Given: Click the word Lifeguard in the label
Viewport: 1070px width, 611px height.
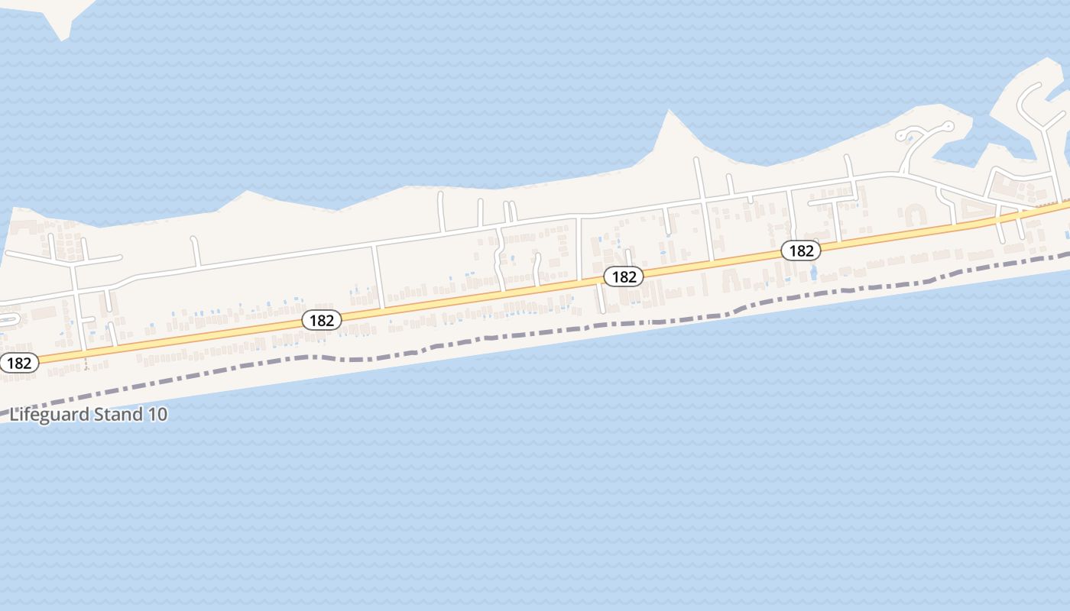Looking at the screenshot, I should pyautogui.click(x=48, y=415).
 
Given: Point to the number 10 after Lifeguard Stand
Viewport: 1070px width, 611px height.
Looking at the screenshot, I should pyautogui.click(x=158, y=415).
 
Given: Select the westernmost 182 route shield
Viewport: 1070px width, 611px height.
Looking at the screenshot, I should pyautogui.click(x=18, y=363).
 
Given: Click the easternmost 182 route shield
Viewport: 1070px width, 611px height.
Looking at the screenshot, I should pyautogui.click(x=801, y=251).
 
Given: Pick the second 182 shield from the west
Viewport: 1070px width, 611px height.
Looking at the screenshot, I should pyautogui.click(x=322, y=320).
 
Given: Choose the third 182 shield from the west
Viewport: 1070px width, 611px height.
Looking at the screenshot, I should pyautogui.click(x=624, y=276).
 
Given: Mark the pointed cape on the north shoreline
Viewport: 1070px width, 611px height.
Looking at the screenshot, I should pyautogui.click(x=670, y=115).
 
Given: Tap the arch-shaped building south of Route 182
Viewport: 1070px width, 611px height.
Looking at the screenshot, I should pyautogui.click(x=728, y=283).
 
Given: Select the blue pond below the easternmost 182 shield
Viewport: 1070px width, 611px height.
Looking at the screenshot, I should pyautogui.click(x=812, y=272).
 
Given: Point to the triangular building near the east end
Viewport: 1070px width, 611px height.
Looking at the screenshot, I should pyautogui.click(x=972, y=205).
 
